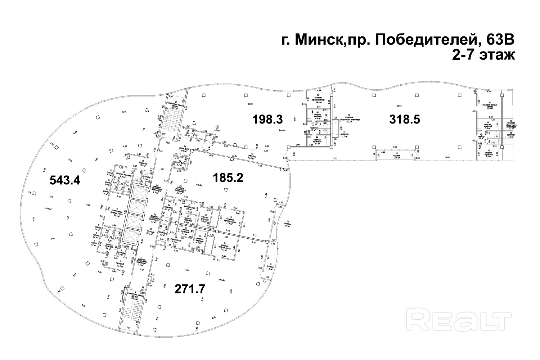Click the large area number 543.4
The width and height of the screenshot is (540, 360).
64,180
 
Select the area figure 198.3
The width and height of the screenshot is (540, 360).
267,119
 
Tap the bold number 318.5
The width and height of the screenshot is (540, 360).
405,119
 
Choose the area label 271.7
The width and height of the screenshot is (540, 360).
190,288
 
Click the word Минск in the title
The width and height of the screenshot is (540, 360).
318,41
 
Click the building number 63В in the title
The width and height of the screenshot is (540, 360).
497,41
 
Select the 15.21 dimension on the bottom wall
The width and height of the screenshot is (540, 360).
335,158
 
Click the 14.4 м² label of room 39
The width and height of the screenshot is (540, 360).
319,103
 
